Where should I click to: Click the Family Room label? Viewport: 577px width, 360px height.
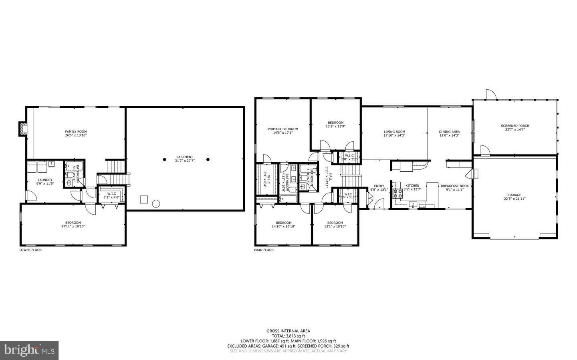tap(76, 131)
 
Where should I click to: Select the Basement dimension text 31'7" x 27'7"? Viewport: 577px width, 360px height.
tap(185, 161)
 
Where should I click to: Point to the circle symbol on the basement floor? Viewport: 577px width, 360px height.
tap(156, 204)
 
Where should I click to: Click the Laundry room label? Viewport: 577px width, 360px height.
tap(44, 180)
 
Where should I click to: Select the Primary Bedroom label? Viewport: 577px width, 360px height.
tap(283, 129)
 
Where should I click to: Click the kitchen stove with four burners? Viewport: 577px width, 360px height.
tap(398, 194)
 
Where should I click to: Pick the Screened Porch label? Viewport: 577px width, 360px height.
tap(515, 126)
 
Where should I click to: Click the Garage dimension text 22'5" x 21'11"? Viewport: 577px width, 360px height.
tap(515, 199)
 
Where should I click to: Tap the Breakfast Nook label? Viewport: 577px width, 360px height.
tap(455, 186)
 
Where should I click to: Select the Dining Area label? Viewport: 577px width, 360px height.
tap(449, 131)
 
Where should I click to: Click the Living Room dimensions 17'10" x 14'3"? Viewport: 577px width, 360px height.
tap(394, 135)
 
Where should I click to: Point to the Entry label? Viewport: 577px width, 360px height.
tap(379, 186)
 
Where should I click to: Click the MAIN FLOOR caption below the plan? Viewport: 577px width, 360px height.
tap(264, 250)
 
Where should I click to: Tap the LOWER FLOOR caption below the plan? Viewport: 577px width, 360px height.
tap(30, 250)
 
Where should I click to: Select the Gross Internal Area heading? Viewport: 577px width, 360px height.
tap(288, 331)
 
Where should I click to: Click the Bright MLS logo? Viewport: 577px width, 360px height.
tap(29, 350)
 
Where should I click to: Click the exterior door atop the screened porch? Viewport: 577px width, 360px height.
tap(491, 95)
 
